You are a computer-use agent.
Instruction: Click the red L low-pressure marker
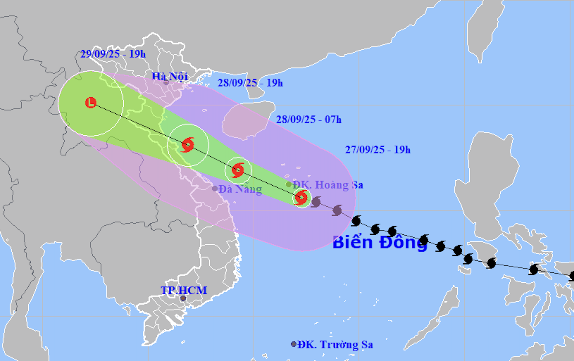coord(91,103)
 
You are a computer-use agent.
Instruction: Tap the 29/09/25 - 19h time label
coord(113,54)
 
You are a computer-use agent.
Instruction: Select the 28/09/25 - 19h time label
coord(250,83)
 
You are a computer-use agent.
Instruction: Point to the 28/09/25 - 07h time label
coord(309,120)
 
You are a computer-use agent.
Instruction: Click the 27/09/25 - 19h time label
coord(378,150)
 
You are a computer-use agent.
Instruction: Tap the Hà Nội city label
coord(170,76)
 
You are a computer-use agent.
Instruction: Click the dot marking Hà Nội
coord(166,83)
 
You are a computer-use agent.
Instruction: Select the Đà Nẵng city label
coord(240,189)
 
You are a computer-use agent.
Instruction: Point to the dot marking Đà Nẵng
coord(215,189)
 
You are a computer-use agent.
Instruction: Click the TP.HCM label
coord(184,290)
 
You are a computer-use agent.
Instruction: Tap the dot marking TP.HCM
coord(183,298)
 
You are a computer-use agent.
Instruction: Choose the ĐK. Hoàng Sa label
coord(328,185)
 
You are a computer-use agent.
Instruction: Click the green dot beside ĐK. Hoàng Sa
coord(289,184)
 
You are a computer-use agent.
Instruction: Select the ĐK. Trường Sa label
coord(335,344)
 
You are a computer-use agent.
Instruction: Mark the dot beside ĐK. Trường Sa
coord(293,344)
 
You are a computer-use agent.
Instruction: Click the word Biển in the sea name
coord(352,243)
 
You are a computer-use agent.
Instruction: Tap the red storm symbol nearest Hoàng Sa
coord(301,198)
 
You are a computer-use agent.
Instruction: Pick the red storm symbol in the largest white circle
coord(188,145)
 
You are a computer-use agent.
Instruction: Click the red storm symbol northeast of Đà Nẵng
coord(238,170)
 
